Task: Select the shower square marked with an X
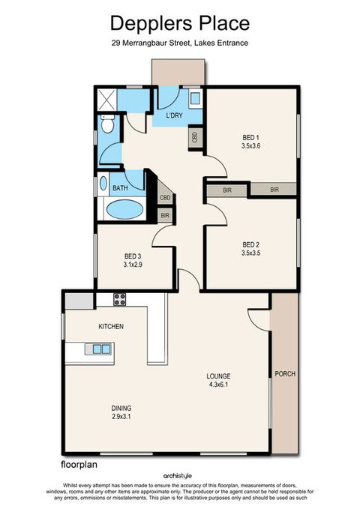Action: tap(107, 99)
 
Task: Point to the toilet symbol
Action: tap(107, 127)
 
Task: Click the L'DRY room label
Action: tap(174, 117)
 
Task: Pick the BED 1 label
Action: tap(250, 138)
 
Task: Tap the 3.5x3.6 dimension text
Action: tap(250, 147)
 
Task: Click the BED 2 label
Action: tap(250, 244)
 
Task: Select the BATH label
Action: tap(119, 188)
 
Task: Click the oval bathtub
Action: tap(124, 209)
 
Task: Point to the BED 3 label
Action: tap(132, 256)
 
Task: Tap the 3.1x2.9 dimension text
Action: tap(133, 265)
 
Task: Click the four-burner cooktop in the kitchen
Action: tap(120, 299)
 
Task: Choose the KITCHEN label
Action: tap(111, 327)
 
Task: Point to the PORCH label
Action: tap(284, 373)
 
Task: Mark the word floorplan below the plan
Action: tap(77, 465)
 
